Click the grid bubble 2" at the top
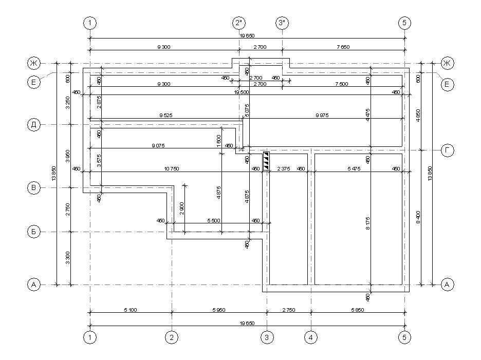coord(239,23)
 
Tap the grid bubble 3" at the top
coord(283,23)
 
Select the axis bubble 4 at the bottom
coord(311,337)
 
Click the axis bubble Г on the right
coord(448,150)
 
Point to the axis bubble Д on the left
coord(34,125)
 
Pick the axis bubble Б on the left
coord(34,232)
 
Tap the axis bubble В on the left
coord(34,188)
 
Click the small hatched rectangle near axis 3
coord(266,161)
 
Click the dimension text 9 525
coord(165,116)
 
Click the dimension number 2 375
coord(284,168)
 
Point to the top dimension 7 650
coord(343,47)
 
